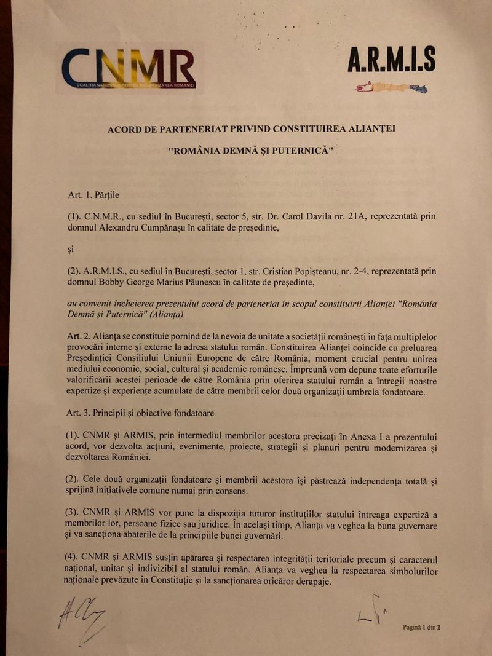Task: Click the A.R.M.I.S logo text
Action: click(391, 60)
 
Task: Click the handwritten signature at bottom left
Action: click(81, 617)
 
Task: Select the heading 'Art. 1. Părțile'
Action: click(93, 195)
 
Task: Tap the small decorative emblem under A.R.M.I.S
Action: click(391, 87)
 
